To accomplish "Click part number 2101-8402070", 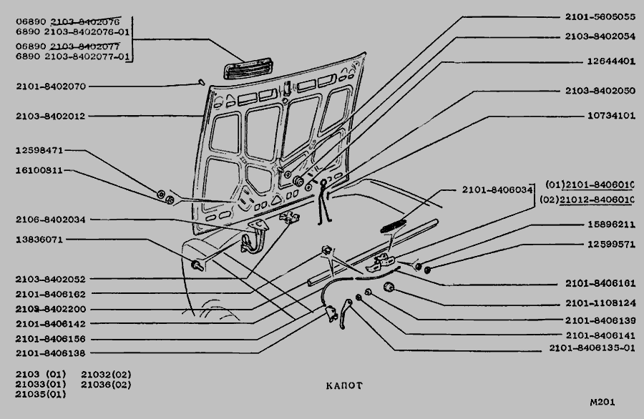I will [x=51, y=87].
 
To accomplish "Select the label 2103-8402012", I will [x=51, y=115].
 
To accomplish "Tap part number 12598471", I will [x=40, y=151].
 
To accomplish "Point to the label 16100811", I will [x=40, y=171].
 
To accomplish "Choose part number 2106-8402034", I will [x=51, y=220].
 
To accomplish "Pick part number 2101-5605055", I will [x=600, y=16].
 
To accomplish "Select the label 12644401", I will [x=610, y=61].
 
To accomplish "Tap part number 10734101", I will [x=610, y=114].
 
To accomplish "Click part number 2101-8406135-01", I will [x=592, y=348].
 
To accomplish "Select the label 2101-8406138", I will [x=51, y=353].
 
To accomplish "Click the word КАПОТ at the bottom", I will [x=344, y=385].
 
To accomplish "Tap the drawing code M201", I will [x=602, y=402].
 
